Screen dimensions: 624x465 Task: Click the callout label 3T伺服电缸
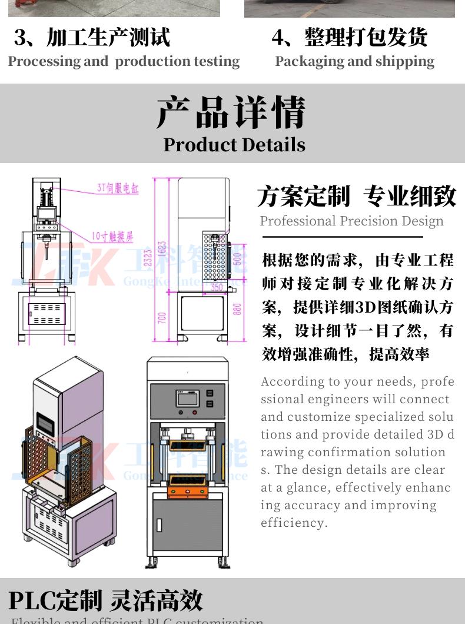pyautogui.click(x=118, y=189)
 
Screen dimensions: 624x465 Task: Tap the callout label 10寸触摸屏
pyautogui.click(x=112, y=237)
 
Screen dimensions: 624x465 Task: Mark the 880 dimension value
pyautogui.click(x=237, y=309)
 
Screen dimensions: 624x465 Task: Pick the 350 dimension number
pyautogui.click(x=217, y=288)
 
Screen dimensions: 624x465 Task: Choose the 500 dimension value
pyautogui.click(x=237, y=258)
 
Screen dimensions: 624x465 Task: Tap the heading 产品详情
pyautogui.click(x=231, y=112)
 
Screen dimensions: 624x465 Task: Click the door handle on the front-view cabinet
pyautogui.click(x=159, y=523)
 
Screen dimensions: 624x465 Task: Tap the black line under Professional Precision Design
pyautogui.click(x=342, y=237)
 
